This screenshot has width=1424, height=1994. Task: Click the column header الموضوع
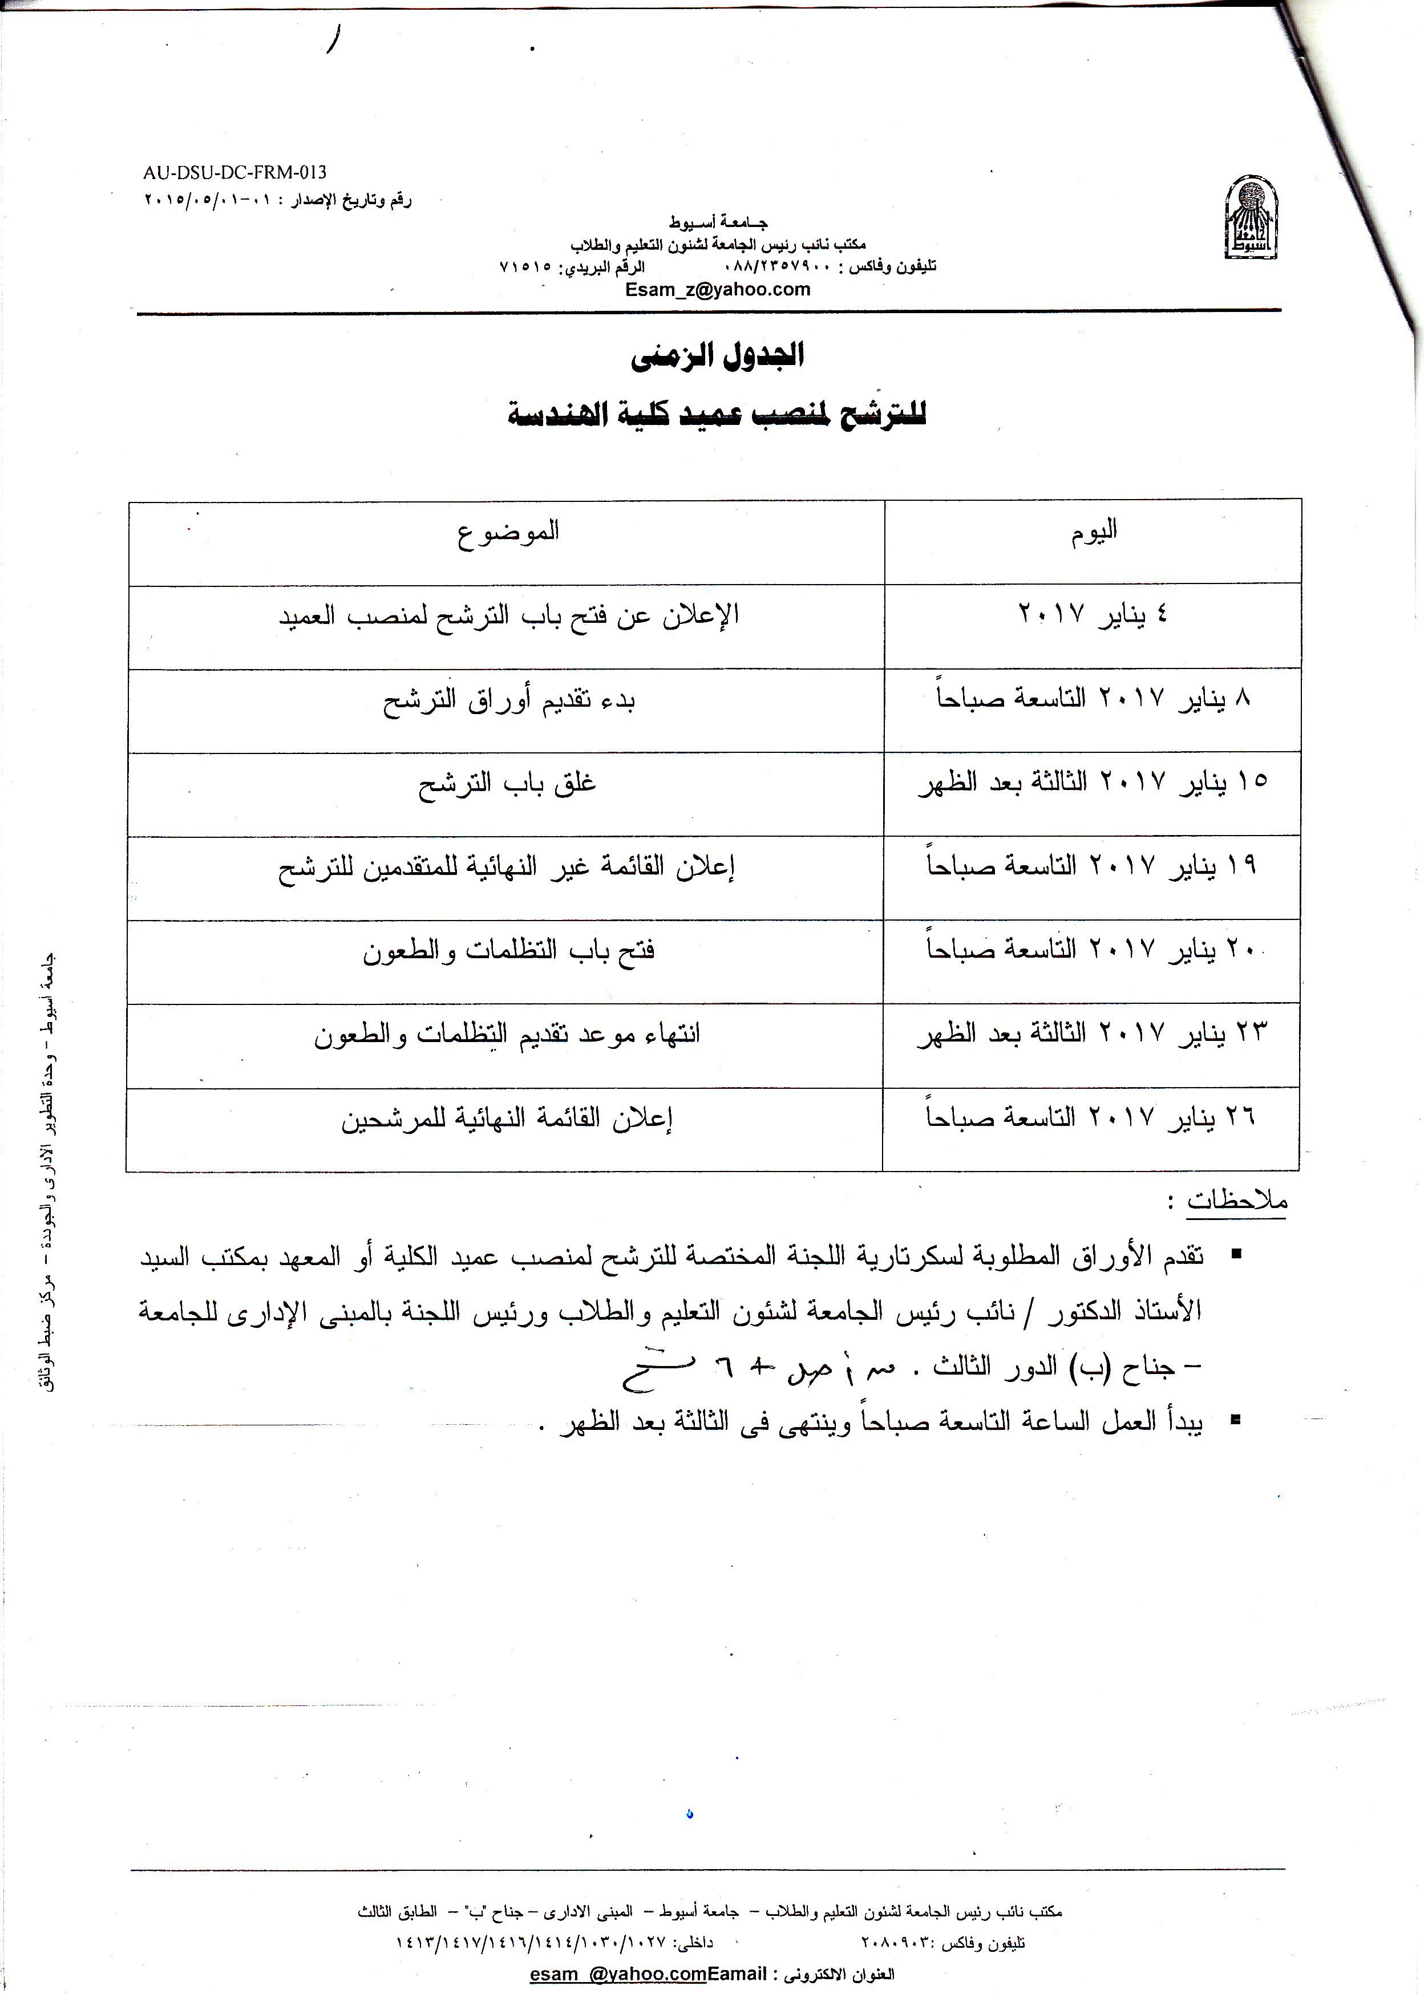click(507, 532)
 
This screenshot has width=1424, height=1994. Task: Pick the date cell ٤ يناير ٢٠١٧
click(1093, 614)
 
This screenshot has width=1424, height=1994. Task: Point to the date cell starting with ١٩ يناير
click(1093, 866)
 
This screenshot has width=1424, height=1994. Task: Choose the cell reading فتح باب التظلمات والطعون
click(508, 951)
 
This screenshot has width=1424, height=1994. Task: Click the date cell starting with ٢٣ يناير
click(1093, 1034)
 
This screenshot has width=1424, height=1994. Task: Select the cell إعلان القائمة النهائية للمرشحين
click(507, 1119)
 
